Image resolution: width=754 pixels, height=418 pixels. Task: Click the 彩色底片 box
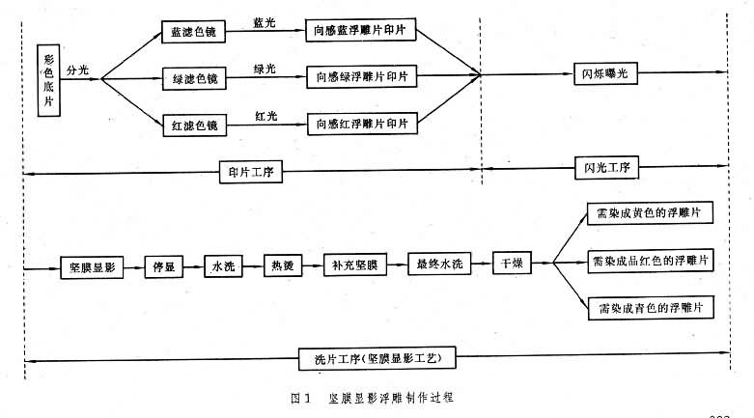tap(49, 80)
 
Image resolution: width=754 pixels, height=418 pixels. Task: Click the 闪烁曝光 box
tap(603, 74)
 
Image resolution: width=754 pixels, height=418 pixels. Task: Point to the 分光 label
tap(78, 70)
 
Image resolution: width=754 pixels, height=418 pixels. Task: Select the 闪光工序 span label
tap(603, 168)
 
